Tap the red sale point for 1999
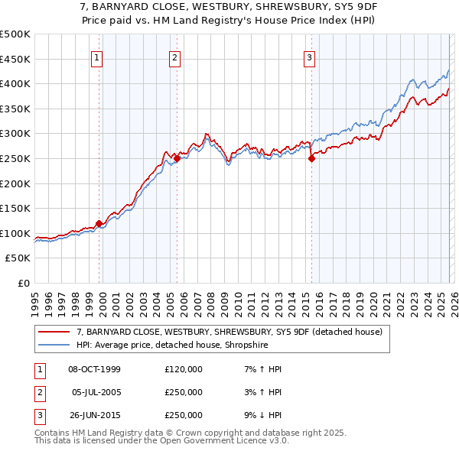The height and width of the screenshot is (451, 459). (99, 223)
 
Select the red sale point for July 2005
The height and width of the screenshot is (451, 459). (177, 159)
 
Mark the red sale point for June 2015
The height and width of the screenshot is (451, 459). (311, 159)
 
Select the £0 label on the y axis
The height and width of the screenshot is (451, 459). (24, 283)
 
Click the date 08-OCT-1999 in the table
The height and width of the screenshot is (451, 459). (95, 369)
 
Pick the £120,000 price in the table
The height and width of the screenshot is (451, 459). (184, 369)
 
